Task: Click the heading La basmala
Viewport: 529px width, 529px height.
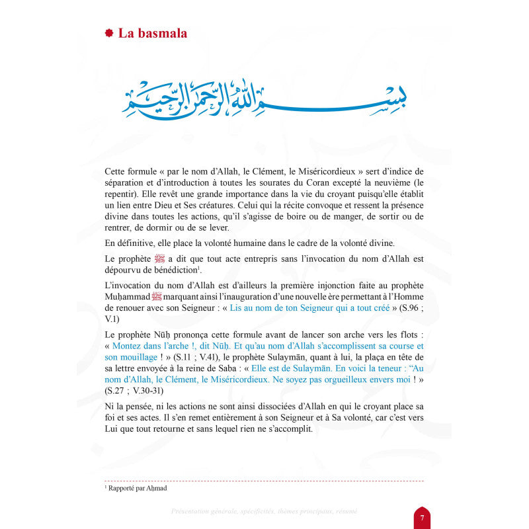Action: point(152,33)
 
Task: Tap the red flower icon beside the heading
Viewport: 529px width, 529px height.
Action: point(109,33)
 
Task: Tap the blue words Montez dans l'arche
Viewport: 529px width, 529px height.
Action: point(151,346)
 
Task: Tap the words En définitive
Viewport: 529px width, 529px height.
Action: point(129,242)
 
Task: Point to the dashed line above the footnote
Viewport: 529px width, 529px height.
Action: point(264,481)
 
